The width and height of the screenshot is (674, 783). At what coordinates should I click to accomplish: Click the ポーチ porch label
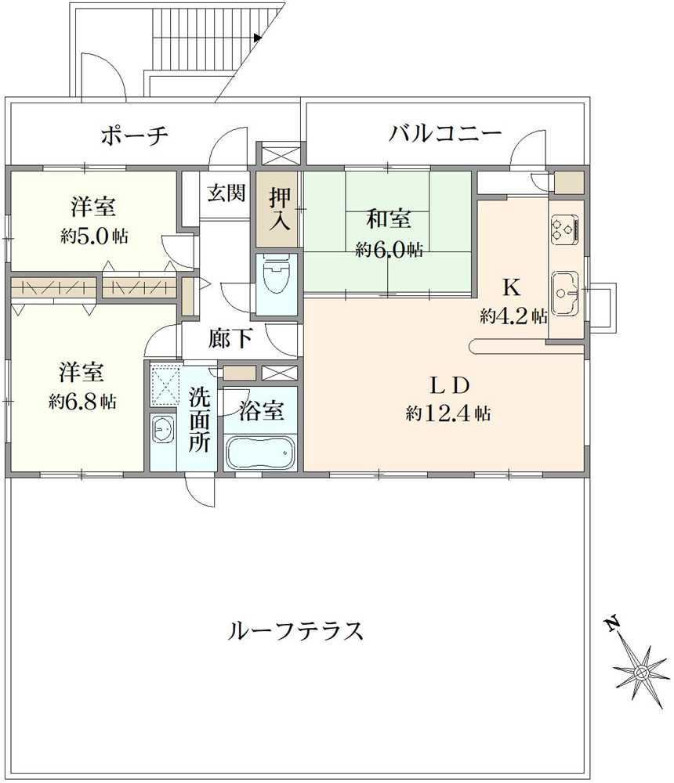coord(134,135)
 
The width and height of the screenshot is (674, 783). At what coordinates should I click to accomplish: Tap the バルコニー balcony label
coord(445,134)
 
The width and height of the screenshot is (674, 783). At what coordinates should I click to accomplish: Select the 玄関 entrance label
coord(226,193)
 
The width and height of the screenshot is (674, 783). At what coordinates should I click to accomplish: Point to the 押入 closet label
coord(280,209)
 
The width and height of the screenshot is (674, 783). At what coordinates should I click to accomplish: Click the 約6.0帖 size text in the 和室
coord(389,249)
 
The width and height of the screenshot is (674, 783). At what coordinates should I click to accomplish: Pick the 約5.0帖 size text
coord(95,236)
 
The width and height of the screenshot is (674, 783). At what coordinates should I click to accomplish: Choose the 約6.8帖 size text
coord(83,401)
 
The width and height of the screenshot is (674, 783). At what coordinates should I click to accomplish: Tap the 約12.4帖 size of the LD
coord(448,413)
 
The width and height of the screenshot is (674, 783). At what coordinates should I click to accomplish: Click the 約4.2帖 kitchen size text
coord(513,316)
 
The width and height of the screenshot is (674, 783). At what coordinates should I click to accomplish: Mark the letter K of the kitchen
coord(511,287)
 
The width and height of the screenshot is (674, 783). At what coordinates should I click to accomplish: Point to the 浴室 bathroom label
coord(262,410)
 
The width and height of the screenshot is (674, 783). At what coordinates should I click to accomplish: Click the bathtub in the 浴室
coord(260,453)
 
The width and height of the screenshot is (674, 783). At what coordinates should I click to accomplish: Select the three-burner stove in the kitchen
coord(565,230)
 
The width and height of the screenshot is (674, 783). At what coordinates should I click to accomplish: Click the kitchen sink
coord(565,293)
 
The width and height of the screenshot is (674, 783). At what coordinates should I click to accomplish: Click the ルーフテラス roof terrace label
coord(295,630)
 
